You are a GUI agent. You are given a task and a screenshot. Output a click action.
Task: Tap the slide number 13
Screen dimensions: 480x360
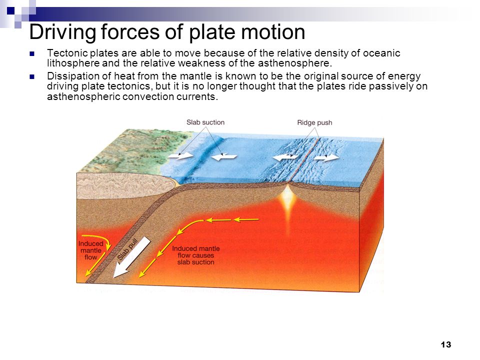[445, 344]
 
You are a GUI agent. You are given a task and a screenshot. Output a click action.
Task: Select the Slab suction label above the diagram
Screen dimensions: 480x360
[205, 122]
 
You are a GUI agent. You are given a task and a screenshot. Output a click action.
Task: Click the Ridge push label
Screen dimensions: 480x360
[314, 123]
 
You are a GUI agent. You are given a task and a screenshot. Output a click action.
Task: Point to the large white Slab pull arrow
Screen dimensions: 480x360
[131, 257]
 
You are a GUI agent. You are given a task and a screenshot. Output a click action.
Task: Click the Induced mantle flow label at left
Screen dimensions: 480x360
[91, 250]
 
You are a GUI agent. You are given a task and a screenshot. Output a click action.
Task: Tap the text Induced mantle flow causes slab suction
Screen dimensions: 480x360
[195, 255]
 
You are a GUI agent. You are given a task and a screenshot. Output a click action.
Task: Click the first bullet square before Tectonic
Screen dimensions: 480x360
[32, 54]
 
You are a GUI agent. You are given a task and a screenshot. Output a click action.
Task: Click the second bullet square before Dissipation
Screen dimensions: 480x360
[32, 76]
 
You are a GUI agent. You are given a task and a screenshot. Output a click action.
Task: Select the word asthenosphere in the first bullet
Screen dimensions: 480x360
[294, 63]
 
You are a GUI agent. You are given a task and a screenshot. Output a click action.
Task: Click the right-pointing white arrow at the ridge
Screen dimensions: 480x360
[326, 157]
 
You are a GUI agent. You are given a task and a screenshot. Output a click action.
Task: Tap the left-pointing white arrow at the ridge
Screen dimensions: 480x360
[285, 157]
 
